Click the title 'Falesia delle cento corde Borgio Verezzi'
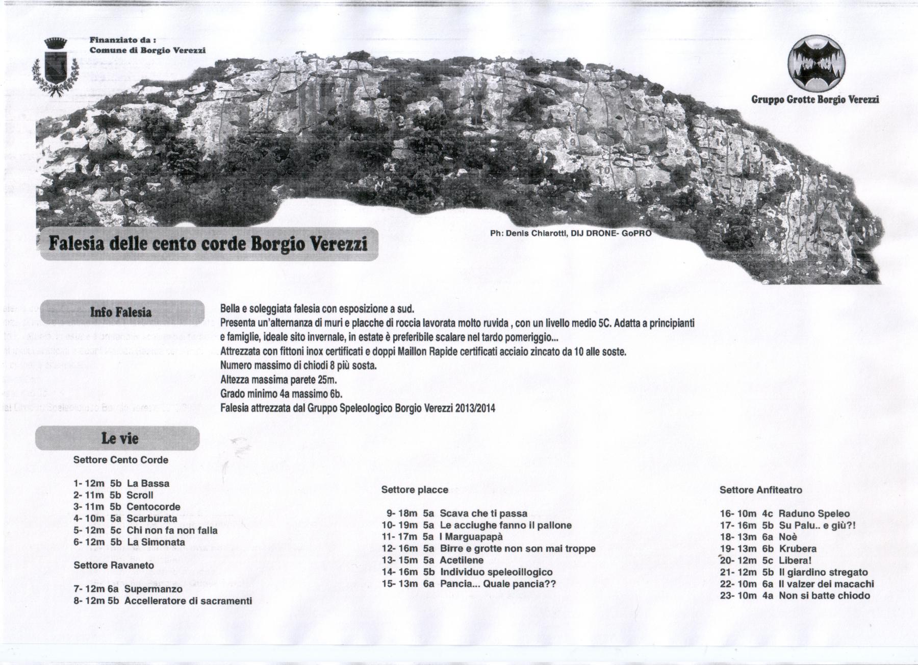click(208, 243)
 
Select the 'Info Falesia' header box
click(121, 312)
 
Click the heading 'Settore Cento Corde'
click(121, 460)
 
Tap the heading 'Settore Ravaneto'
click(114, 565)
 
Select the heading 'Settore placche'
click(415, 490)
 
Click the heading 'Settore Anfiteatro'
click(760, 490)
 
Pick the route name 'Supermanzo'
click(154, 589)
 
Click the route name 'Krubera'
click(798, 549)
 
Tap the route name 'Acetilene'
click(462, 560)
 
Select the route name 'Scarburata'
click(151, 519)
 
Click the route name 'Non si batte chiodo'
click(824, 596)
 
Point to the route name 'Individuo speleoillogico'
click(496, 572)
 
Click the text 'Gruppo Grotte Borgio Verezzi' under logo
click(815, 100)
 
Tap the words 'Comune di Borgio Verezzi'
click(147, 50)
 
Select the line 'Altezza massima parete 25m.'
click(278, 380)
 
